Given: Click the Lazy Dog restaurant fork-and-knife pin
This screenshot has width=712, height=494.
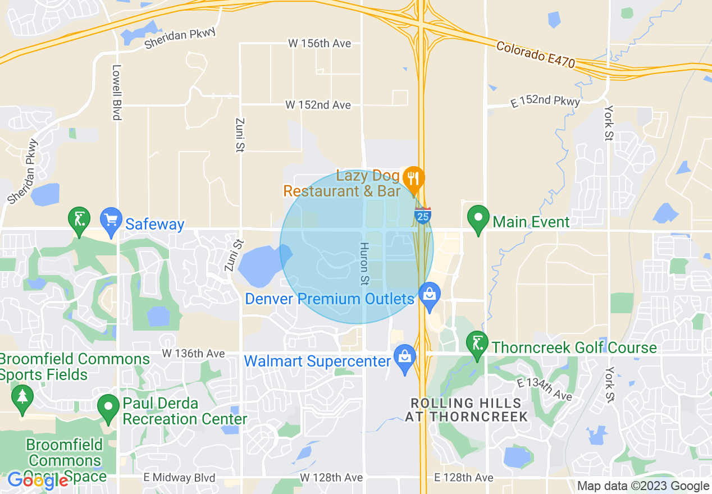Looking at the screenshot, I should click(x=413, y=179).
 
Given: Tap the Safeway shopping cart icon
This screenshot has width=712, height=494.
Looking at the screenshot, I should click(x=111, y=219).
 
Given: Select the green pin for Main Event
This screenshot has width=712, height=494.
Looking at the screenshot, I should click(x=478, y=219).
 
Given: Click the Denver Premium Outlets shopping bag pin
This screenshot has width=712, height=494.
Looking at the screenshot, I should click(x=430, y=295).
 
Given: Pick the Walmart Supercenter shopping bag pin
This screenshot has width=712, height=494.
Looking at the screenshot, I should click(x=404, y=358).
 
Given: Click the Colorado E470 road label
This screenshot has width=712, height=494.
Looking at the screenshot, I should click(x=536, y=55).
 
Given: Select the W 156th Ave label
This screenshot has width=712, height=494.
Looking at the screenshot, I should click(x=320, y=43).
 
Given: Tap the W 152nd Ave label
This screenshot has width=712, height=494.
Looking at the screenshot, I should click(x=318, y=105).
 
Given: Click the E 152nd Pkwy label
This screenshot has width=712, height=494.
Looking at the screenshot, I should click(x=545, y=101).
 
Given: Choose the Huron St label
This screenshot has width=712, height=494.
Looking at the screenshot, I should click(x=364, y=263).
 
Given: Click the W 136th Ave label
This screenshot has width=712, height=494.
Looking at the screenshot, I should click(x=193, y=354).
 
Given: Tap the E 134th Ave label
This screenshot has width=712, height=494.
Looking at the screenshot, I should click(x=544, y=389).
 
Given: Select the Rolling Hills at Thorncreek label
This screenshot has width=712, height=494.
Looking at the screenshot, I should click(x=466, y=410).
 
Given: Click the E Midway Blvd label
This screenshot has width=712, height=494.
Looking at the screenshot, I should click(x=179, y=478).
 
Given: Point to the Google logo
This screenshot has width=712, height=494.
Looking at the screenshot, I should click(x=37, y=480).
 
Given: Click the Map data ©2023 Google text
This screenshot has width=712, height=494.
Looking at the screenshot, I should click(x=643, y=486).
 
